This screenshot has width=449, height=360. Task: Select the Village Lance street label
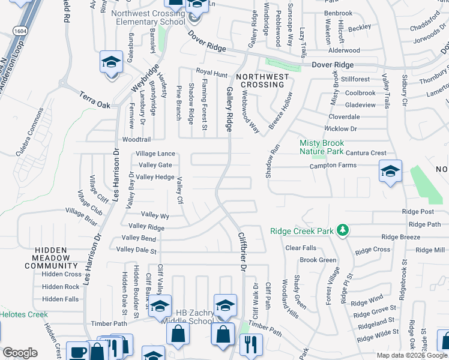[x=155, y=154]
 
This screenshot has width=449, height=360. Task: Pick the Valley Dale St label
[x=136, y=250]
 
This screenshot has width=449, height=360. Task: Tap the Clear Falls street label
[x=300, y=248]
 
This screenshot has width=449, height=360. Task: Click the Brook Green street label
[x=318, y=260]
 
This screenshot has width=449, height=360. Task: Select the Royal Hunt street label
[x=211, y=74]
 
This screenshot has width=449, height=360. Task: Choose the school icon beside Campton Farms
[x=390, y=172]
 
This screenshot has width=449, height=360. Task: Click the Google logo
[x=20, y=353]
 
